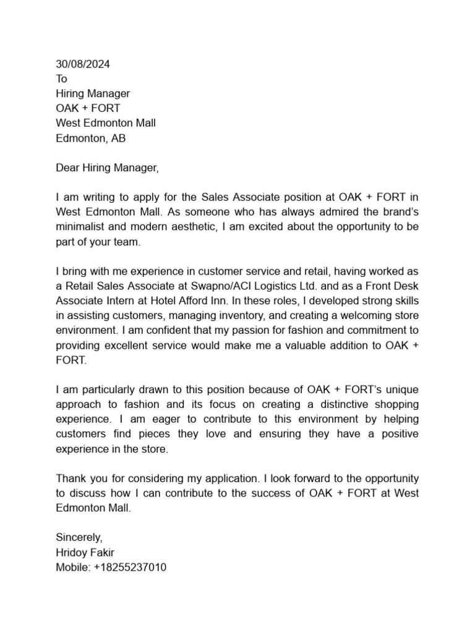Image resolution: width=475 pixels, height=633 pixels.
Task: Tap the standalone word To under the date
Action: coord(61,79)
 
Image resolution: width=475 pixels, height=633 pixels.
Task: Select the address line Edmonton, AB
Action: coord(90,138)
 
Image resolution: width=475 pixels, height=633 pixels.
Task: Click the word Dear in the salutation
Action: coord(68,168)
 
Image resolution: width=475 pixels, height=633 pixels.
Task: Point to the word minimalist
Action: coord(80,227)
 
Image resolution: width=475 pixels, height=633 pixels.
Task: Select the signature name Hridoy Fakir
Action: coord(85,551)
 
